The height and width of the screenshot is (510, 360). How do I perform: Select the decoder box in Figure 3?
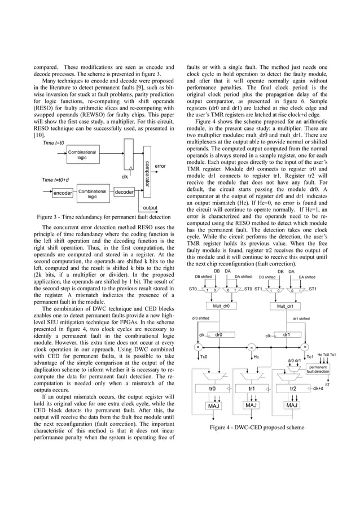point(123,193)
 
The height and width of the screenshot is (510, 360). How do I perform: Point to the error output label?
point(160,166)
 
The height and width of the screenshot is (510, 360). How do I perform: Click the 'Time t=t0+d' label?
point(56,180)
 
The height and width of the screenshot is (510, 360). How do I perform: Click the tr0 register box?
point(213,389)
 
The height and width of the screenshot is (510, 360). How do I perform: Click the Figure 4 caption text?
point(257,428)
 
